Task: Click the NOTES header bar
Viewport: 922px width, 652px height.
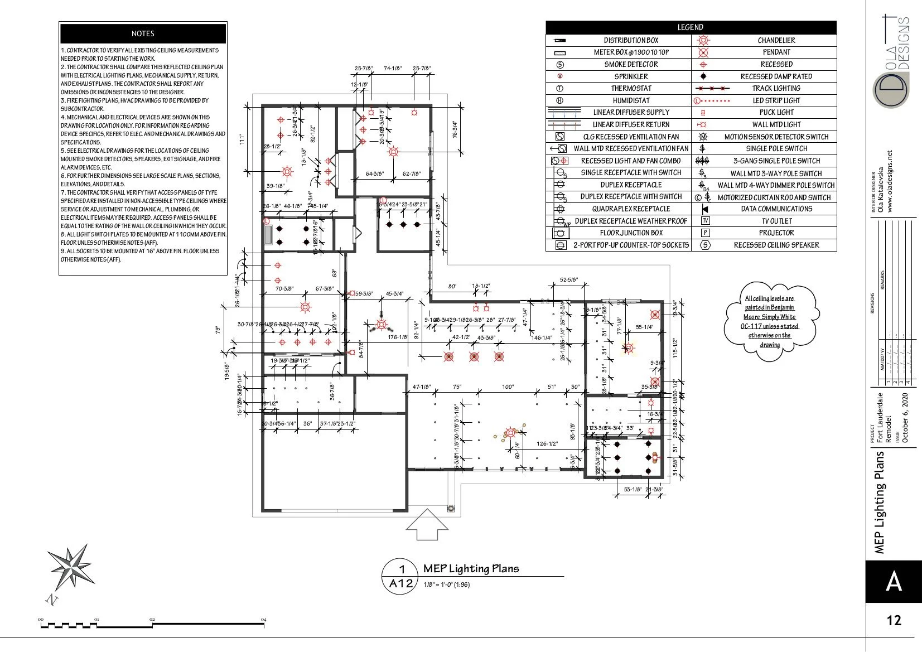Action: pyautogui.click(x=143, y=33)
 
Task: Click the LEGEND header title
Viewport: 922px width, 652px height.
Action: pyautogui.click(x=691, y=27)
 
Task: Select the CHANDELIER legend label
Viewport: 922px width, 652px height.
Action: pyautogui.click(x=776, y=40)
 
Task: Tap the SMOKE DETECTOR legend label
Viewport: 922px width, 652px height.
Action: pyautogui.click(x=631, y=64)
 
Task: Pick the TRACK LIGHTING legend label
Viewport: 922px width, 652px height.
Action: pyautogui.click(x=776, y=88)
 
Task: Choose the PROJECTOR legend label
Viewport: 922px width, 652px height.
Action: pyautogui.click(x=776, y=233)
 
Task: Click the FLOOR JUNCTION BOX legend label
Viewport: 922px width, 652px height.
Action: pyautogui.click(x=631, y=233)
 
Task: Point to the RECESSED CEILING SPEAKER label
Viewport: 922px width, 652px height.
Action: pyautogui.click(x=776, y=245)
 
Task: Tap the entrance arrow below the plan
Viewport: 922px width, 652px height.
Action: pyautogui.click(x=427, y=524)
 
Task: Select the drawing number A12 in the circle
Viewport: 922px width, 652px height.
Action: pyautogui.click(x=401, y=583)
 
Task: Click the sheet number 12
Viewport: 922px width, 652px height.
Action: pyautogui.click(x=894, y=620)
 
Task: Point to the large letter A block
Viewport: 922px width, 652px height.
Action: pyautogui.click(x=894, y=581)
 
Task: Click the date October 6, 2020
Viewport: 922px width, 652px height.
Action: pyautogui.click(x=905, y=418)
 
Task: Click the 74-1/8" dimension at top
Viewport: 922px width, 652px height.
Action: pyautogui.click(x=393, y=69)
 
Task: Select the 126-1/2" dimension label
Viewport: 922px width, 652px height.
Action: pyautogui.click(x=547, y=444)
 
